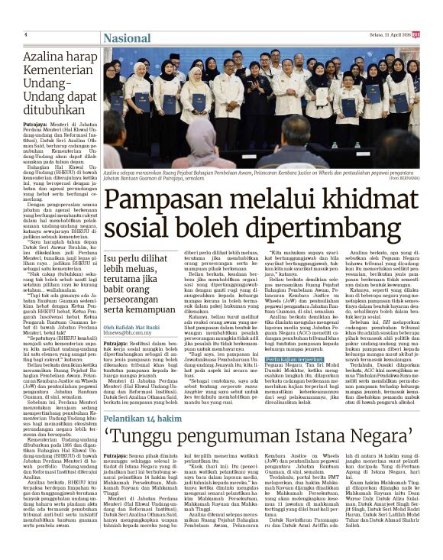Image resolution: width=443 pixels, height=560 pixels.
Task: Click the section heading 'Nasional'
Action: tap(128, 37)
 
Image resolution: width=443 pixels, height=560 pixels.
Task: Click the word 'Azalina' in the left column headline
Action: tap(44, 57)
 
